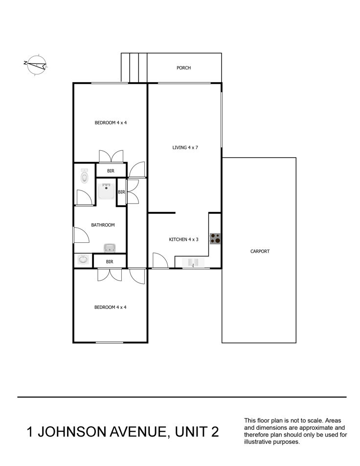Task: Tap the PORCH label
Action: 183,68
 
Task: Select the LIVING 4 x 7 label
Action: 185,147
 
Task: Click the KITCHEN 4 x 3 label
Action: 183,239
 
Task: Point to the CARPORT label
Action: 260,251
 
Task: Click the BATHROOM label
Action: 103,225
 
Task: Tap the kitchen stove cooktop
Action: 216,239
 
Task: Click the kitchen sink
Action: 193,263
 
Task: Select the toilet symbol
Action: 85,176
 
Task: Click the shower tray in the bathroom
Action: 106,191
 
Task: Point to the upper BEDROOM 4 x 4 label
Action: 111,122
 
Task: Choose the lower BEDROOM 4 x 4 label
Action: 110,307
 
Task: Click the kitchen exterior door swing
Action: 160,260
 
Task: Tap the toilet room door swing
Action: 84,197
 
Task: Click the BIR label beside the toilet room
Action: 111,171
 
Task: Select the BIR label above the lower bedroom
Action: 110,262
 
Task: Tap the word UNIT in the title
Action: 190,432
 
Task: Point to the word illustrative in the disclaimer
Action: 257,442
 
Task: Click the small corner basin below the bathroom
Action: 83,259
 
